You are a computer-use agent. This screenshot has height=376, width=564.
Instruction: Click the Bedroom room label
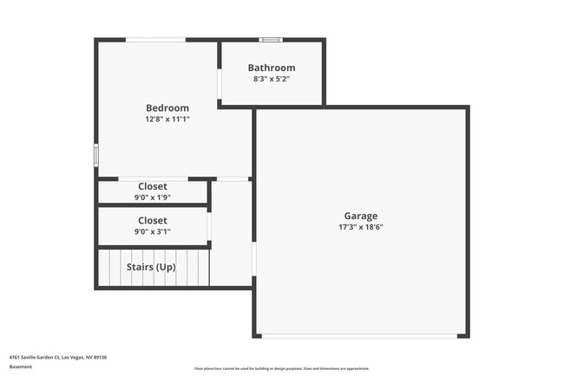167,108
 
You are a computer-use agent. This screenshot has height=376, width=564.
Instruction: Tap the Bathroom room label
272,68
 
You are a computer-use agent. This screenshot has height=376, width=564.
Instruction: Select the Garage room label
361,216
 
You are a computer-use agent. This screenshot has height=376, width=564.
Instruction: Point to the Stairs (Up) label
151,267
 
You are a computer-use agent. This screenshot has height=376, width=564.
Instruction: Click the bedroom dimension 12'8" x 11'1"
167,120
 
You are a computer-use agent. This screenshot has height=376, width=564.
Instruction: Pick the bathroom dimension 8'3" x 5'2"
272,79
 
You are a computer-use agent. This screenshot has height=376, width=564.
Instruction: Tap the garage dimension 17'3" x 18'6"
361,227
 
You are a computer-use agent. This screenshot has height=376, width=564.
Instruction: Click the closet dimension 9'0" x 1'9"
152,197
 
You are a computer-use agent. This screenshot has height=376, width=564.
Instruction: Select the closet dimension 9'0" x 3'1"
152,231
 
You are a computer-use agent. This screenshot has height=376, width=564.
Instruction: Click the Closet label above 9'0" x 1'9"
152,186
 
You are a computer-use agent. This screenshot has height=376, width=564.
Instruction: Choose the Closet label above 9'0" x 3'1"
152,221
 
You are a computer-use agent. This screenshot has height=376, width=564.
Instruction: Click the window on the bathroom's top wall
272,39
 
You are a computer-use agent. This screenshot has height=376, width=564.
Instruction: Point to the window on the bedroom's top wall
155,39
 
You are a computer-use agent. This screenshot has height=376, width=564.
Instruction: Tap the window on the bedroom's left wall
96,154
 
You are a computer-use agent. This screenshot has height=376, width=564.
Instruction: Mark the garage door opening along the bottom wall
361,335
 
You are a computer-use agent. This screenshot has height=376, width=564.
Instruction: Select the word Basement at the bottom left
20,366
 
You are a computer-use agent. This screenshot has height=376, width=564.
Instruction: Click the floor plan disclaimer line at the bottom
282,368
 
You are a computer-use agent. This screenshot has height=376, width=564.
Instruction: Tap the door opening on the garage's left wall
254,257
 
